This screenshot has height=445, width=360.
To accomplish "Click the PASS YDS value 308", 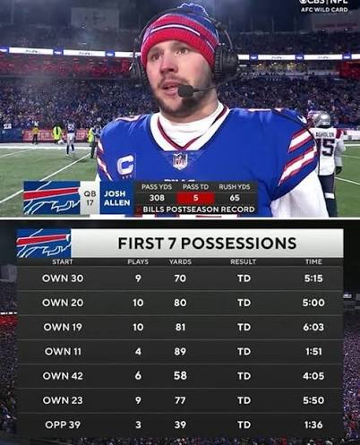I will (157, 198).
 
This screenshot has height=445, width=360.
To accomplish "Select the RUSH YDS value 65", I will (235, 198).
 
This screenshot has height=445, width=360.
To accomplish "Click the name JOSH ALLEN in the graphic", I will (116, 197).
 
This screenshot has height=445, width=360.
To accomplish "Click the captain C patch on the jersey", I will (126, 165).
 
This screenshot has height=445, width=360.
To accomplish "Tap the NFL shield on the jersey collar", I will (180, 160).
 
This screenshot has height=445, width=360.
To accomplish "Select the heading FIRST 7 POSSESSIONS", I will (207, 244).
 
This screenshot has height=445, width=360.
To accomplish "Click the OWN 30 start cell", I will (63, 278).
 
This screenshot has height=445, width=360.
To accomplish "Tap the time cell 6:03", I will (313, 328).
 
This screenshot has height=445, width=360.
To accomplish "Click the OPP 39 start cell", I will (63, 424).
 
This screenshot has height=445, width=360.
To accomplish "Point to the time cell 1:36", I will (313, 424).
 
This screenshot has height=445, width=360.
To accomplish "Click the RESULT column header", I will (244, 261).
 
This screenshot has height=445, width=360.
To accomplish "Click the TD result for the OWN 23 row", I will (244, 400).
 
